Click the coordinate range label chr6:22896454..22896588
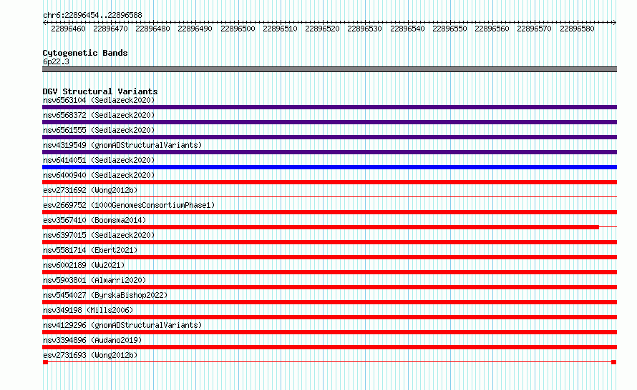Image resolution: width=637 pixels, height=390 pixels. tap(92, 16)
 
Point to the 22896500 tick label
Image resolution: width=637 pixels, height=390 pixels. tap(238, 29)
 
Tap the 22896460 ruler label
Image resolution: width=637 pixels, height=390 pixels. tap(68, 29)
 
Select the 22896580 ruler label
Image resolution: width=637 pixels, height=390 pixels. tap(577, 29)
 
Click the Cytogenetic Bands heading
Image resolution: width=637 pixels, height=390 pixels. tap(85, 53)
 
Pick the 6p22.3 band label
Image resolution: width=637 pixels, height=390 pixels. tap(56, 61)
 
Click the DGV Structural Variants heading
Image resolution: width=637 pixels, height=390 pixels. tap(100, 91)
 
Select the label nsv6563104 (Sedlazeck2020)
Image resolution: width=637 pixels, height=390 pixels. tap(99, 100)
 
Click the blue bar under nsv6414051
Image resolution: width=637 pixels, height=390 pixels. tap(329, 167)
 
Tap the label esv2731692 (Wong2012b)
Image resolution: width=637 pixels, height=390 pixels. tap(90, 190)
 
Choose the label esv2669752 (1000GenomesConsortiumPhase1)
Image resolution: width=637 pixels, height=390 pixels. tap(129, 205)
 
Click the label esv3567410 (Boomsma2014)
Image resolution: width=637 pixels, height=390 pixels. tap(94, 220)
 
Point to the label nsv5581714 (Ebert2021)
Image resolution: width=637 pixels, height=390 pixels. tap(90, 250)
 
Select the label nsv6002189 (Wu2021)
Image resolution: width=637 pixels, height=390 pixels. tap(84, 265)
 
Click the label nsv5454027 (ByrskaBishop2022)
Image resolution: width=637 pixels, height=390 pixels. tap(105, 295)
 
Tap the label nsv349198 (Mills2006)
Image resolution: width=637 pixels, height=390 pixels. tap(88, 310)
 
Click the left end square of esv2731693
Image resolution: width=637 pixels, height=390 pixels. tap(46, 362)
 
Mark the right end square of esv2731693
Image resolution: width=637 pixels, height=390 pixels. tap(614, 362)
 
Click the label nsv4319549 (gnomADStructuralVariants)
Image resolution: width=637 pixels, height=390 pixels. tap(122, 145)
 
